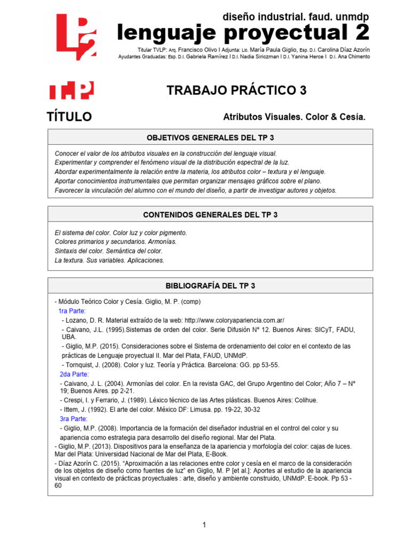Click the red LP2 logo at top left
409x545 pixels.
77,37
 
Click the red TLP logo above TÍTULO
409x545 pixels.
71,90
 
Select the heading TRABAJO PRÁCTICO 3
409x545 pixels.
236,90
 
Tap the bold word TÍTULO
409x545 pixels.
69,117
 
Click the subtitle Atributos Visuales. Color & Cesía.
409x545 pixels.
295,117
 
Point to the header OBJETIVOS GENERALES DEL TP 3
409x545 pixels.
210,137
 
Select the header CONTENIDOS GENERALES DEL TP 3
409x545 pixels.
210,215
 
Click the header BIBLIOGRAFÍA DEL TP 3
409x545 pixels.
210,286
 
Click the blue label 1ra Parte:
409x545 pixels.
72,311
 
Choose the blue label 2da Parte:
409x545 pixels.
73,374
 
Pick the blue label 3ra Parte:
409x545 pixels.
73,419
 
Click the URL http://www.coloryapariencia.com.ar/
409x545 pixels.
234,320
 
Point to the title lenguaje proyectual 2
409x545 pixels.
243,33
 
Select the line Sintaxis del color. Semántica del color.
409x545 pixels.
109,251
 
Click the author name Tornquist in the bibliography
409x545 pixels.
82,365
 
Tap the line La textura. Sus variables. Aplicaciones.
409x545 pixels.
110,260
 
